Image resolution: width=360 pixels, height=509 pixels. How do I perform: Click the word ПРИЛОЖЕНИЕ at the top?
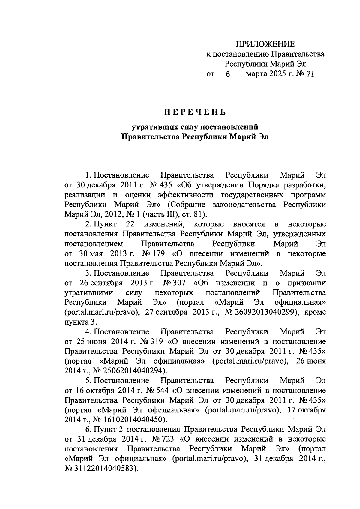[265, 44]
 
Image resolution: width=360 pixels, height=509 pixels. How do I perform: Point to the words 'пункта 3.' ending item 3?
[81, 322]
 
